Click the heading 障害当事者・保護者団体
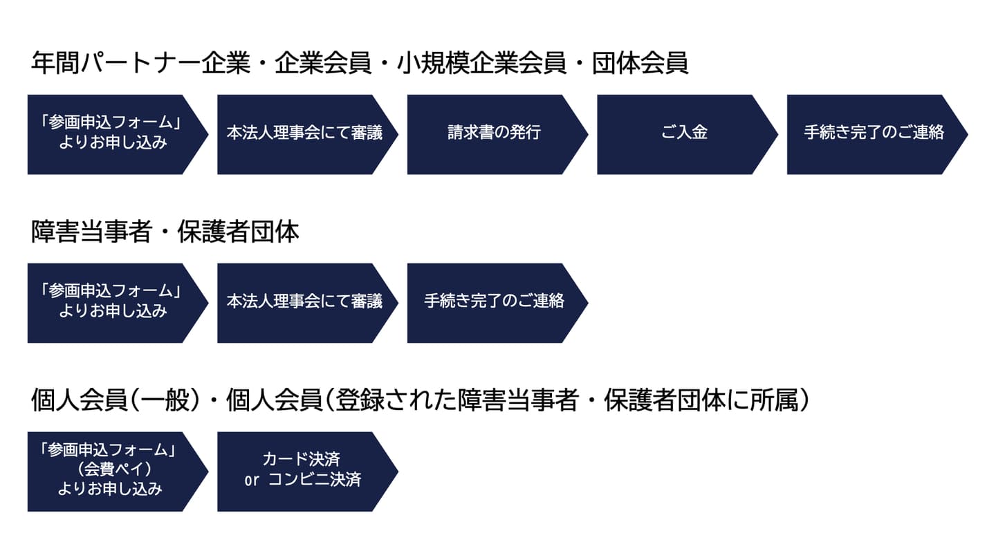165,232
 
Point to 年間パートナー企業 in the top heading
140,63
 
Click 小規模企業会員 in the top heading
481,63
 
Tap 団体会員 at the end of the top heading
640,63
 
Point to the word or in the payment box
252,480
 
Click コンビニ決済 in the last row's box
315,480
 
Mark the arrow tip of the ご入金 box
777,134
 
